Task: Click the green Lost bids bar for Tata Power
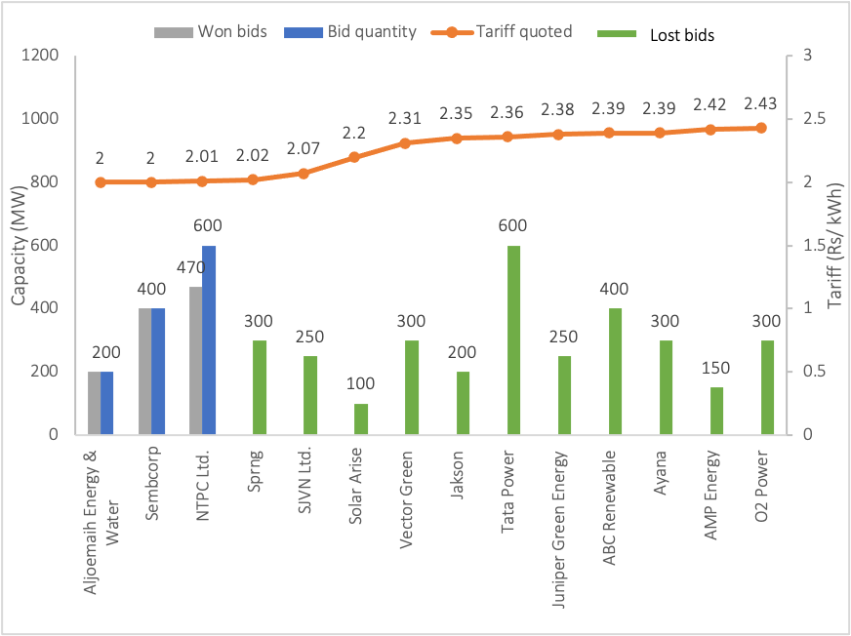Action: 512,340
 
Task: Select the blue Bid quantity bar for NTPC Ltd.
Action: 209,340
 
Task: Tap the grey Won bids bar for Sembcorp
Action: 144,372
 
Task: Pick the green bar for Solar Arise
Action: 360,419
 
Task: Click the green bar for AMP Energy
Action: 716,411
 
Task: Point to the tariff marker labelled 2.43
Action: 761,128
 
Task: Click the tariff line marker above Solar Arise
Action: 354,157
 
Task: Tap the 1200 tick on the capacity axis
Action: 45,56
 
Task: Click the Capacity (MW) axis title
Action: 19,244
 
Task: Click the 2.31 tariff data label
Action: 405,119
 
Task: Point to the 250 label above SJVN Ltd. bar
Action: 309,338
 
